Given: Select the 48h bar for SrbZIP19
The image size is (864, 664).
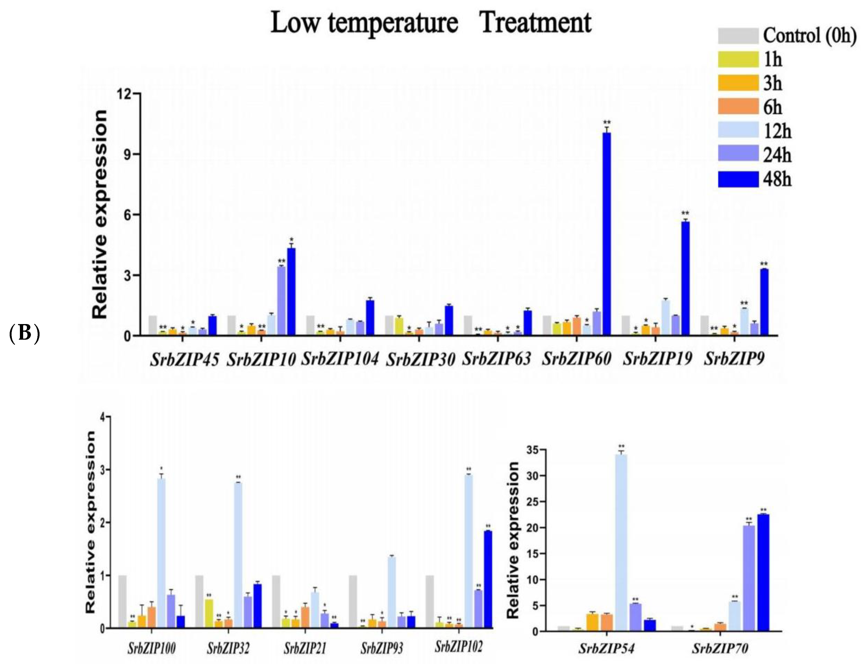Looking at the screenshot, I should (685, 279).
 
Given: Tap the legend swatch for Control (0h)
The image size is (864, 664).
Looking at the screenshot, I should (738, 36).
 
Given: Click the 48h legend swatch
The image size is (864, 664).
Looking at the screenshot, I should (738, 179).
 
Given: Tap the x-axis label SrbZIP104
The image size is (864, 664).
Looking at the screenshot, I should (340, 359).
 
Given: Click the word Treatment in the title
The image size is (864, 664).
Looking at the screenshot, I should (535, 23).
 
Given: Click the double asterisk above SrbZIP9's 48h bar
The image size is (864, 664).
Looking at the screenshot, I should (764, 264).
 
